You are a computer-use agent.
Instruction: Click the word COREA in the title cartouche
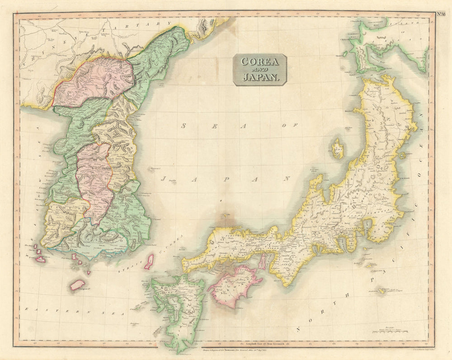(x=260, y=61)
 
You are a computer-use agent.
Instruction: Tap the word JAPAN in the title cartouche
(x=260, y=77)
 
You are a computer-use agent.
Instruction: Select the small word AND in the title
(x=260, y=69)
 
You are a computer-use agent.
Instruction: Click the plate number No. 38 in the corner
(x=441, y=13)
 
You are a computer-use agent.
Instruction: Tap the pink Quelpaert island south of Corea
(x=77, y=285)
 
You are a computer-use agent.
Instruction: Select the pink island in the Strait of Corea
(x=148, y=262)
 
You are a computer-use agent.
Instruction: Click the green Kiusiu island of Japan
(x=179, y=307)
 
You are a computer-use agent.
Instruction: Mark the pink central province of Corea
(x=94, y=181)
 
